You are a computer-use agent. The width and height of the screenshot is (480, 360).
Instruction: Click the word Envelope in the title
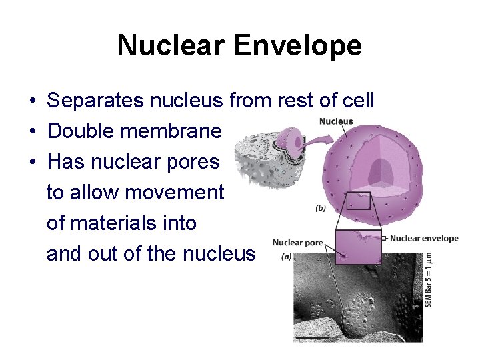point(297,46)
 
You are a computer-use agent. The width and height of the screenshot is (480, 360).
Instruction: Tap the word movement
point(175,193)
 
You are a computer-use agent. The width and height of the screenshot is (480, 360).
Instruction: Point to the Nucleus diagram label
point(336,121)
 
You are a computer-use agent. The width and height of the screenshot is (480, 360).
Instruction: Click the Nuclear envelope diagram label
point(424,238)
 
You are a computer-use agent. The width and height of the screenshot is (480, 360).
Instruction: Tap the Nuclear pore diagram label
point(297,243)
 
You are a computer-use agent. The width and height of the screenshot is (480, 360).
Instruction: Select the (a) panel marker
point(287,256)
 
